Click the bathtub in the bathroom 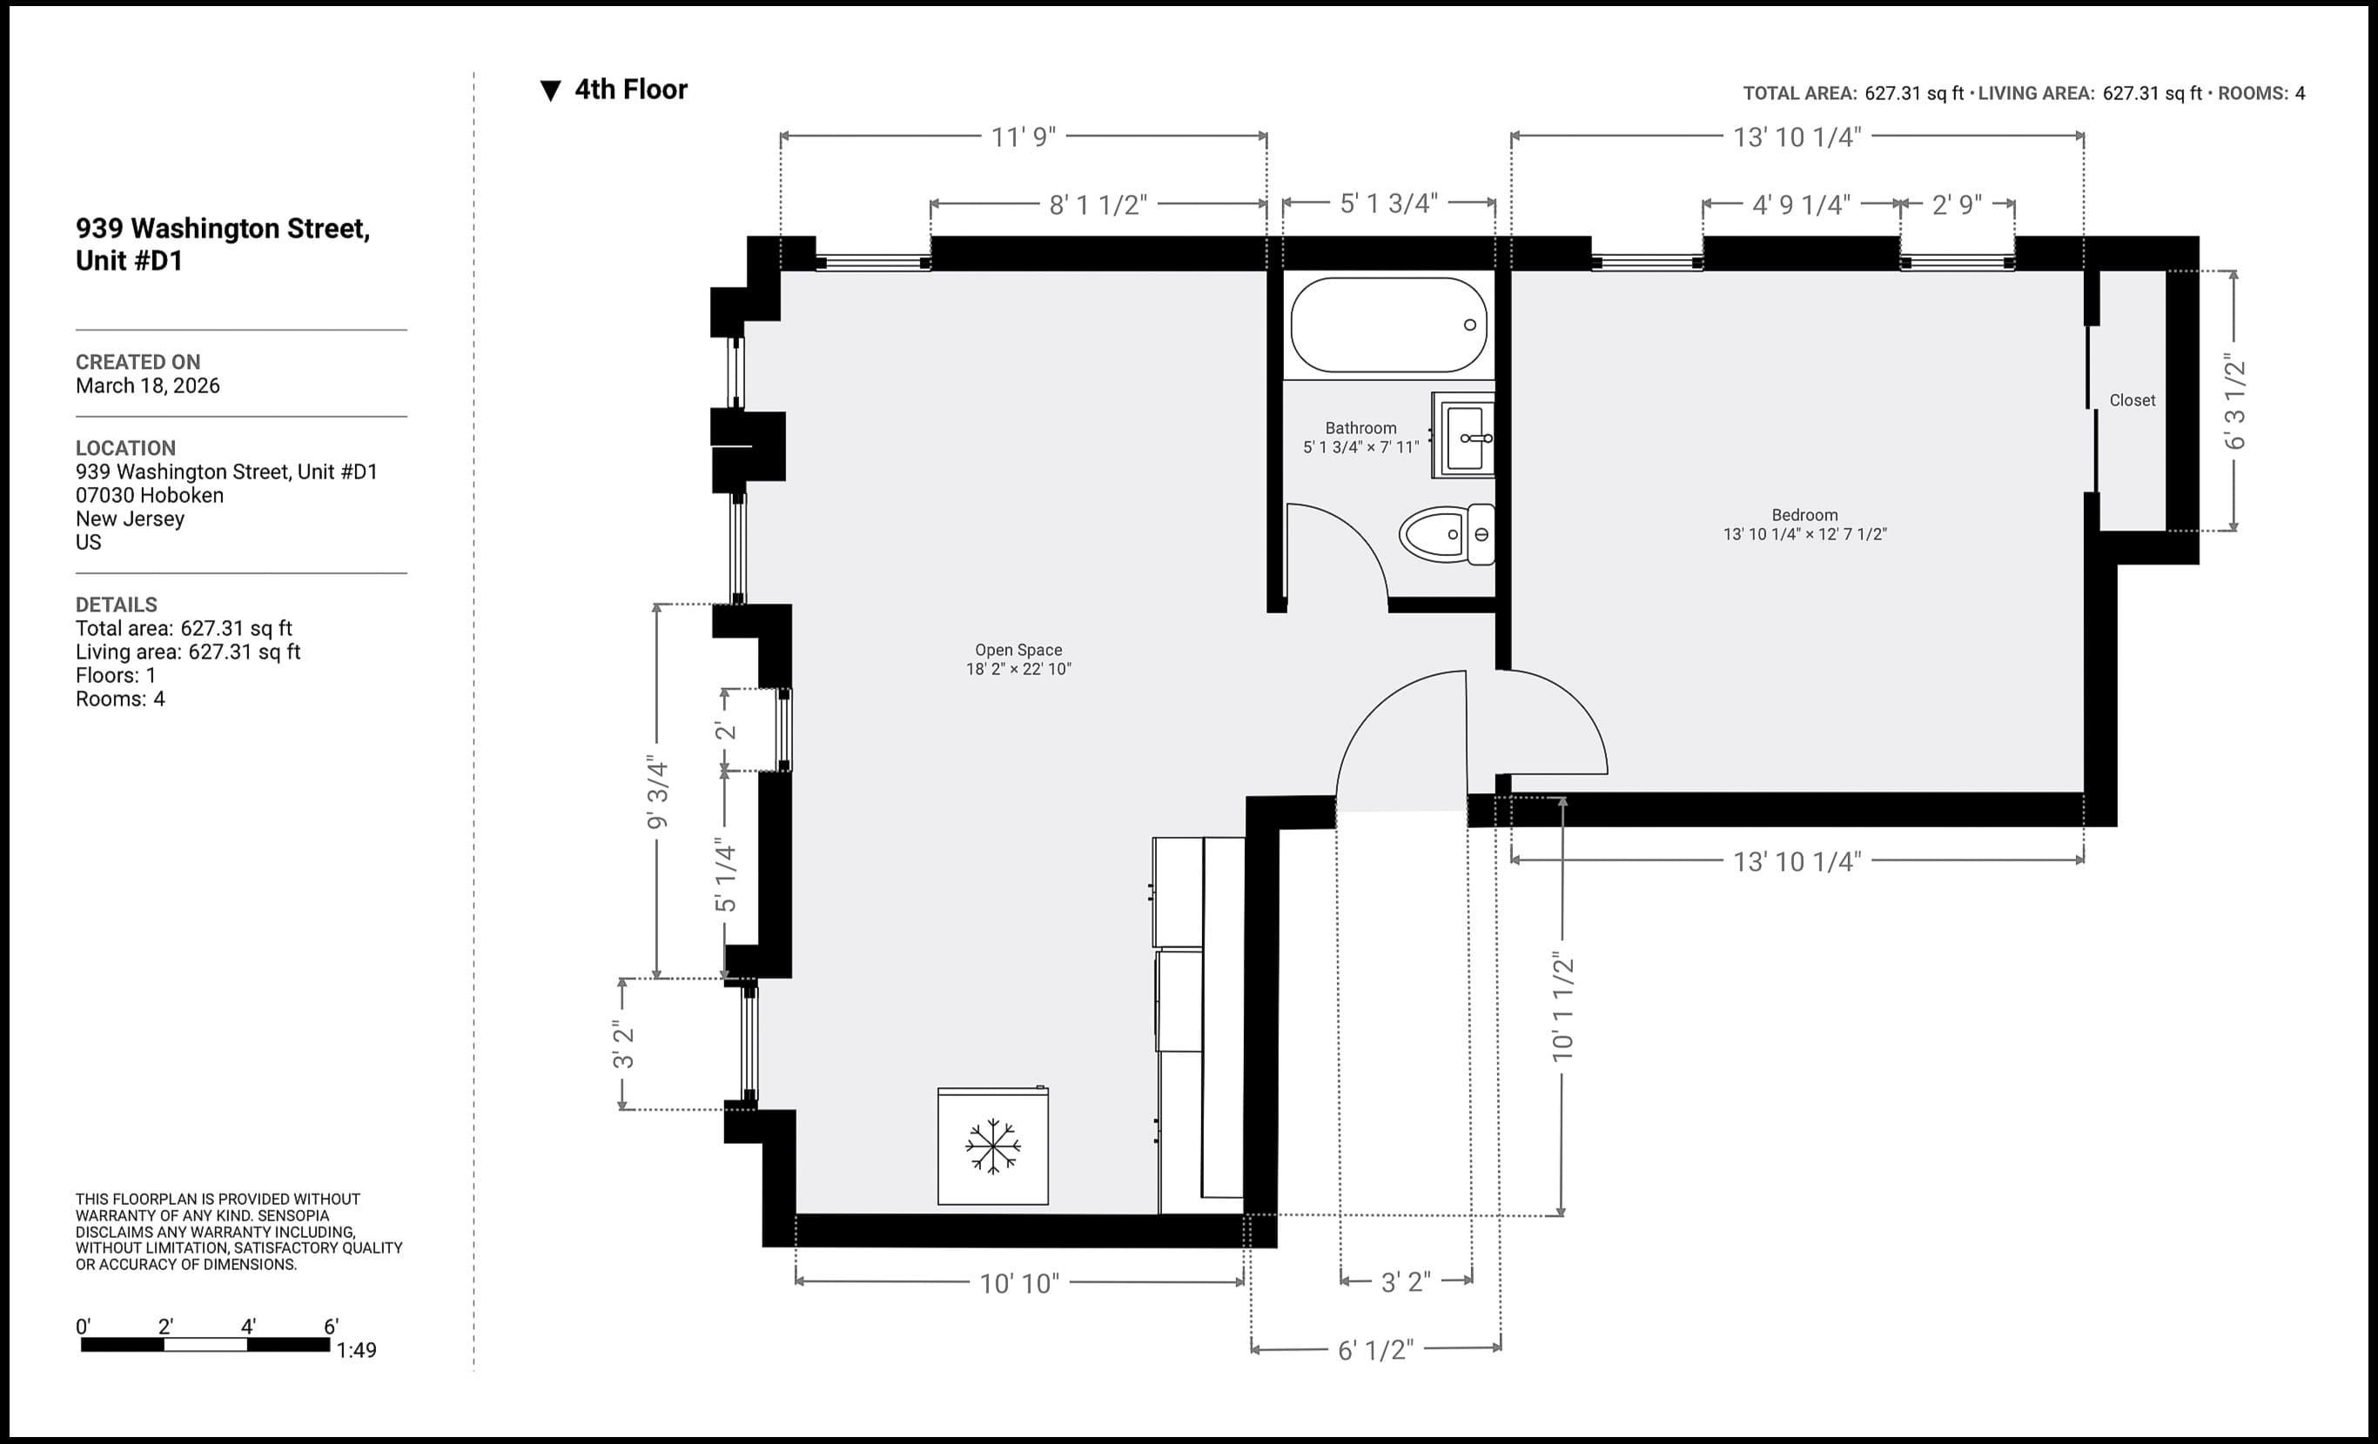pos(1387,325)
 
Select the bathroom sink pos(1464,436)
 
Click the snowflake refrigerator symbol pos(992,1147)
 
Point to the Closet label pos(2131,400)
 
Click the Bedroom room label pos(1804,515)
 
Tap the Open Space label pos(1018,650)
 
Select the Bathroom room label pos(1360,428)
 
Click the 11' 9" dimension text pos(1023,137)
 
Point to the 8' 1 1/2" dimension pos(1098,204)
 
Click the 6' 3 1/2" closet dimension pos(2235,404)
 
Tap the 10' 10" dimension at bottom pos(1019,1283)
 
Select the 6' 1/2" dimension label pos(1374,1349)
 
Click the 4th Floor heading pos(630,90)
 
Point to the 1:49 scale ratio pos(356,1350)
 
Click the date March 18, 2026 pos(148,386)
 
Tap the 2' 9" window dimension pos(1956,204)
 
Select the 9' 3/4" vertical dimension pos(657,793)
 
